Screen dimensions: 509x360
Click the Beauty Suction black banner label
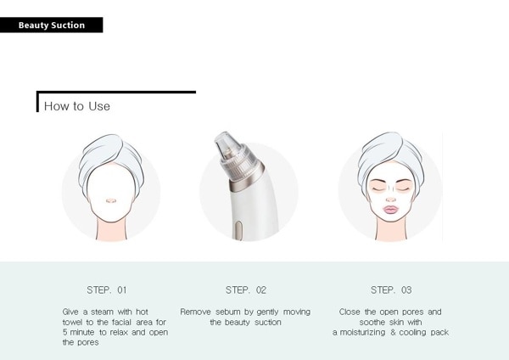tap(51, 25)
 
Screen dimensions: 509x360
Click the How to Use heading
tap(77, 106)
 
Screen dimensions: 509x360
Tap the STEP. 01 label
tap(107, 290)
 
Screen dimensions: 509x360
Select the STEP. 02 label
tap(246, 290)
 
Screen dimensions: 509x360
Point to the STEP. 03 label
tap(391, 290)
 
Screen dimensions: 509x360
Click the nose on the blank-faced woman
tap(111, 200)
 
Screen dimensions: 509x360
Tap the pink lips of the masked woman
tap(391, 209)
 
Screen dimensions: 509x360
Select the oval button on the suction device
tap(238, 230)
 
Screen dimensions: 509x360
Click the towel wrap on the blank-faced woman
tap(110, 160)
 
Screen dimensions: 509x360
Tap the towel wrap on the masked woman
tap(389, 156)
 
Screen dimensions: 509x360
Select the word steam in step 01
tap(103, 312)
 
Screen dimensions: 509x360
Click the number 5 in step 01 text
tap(65, 332)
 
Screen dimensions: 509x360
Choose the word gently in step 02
tap(267, 312)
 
